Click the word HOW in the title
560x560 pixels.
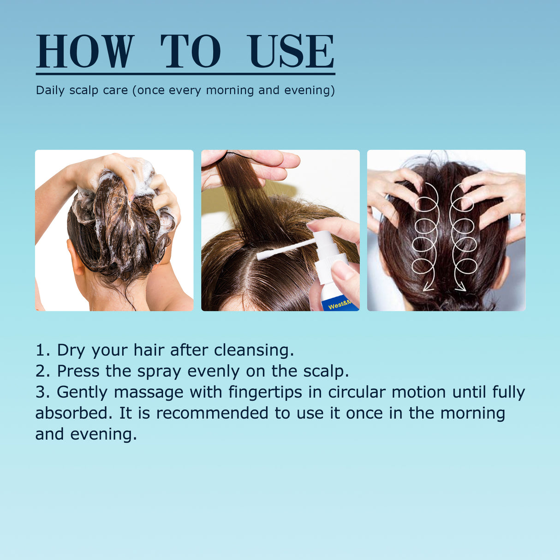pyautogui.click(x=85, y=51)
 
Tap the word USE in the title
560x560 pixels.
pyautogui.click(x=291, y=51)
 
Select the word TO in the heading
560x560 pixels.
pyautogui.click(x=191, y=51)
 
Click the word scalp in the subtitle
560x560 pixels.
pyautogui.click(x=84, y=90)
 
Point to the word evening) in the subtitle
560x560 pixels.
pyautogui.click(x=310, y=90)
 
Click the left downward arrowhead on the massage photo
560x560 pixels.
pyautogui.click(x=428, y=286)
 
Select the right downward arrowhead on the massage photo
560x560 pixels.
pyautogui.click(x=460, y=286)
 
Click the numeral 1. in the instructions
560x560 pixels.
pyautogui.click(x=42, y=350)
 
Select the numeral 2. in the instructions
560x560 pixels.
pyautogui.click(x=42, y=371)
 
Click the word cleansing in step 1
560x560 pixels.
pyautogui.click(x=254, y=350)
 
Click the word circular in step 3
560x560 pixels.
pyautogui.click(x=357, y=393)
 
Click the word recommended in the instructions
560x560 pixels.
pyautogui.click(x=212, y=413)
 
